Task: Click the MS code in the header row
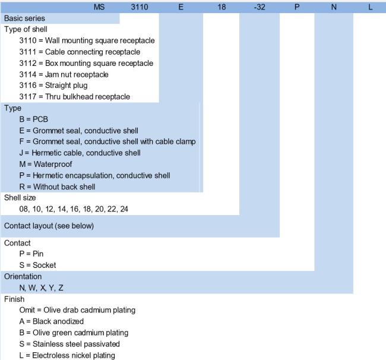click(x=99, y=7)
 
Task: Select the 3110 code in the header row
click(x=140, y=7)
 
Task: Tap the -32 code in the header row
click(x=260, y=7)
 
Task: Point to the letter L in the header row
click(x=370, y=7)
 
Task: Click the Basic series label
click(x=24, y=18)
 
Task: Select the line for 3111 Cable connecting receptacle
click(x=80, y=52)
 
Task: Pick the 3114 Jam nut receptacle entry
click(x=64, y=74)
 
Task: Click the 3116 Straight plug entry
click(x=53, y=86)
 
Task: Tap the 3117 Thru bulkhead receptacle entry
click(x=75, y=96)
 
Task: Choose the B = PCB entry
click(x=33, y=119)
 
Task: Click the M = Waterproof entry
click(x=46, y=164)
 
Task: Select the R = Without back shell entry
click(x=58, y=187)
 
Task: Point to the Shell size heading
click(x=20, y=197)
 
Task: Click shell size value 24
click(x=124, y=209)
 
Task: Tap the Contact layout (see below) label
click(x=49, y=226)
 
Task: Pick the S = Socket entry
click(x=37, y=265)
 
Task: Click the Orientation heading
click(x=23, y=276)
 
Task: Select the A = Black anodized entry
click(x=52, y=321)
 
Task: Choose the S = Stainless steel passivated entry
click(x=69, y=344)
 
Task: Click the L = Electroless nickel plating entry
click(x=67, y=355)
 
